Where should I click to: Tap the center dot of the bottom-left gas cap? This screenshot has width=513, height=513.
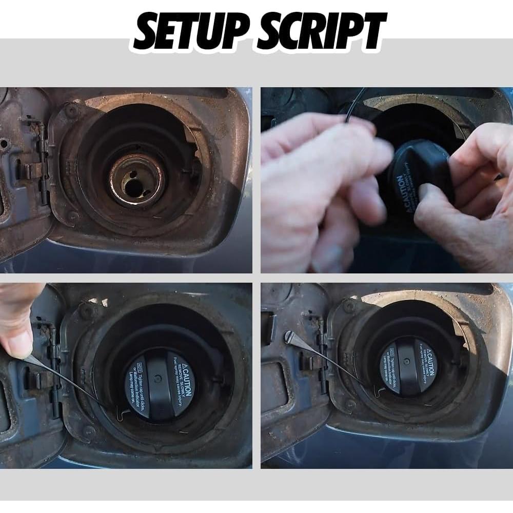158,378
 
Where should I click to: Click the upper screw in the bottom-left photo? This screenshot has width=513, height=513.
88,310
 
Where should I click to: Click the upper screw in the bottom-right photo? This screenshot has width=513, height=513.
350,306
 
